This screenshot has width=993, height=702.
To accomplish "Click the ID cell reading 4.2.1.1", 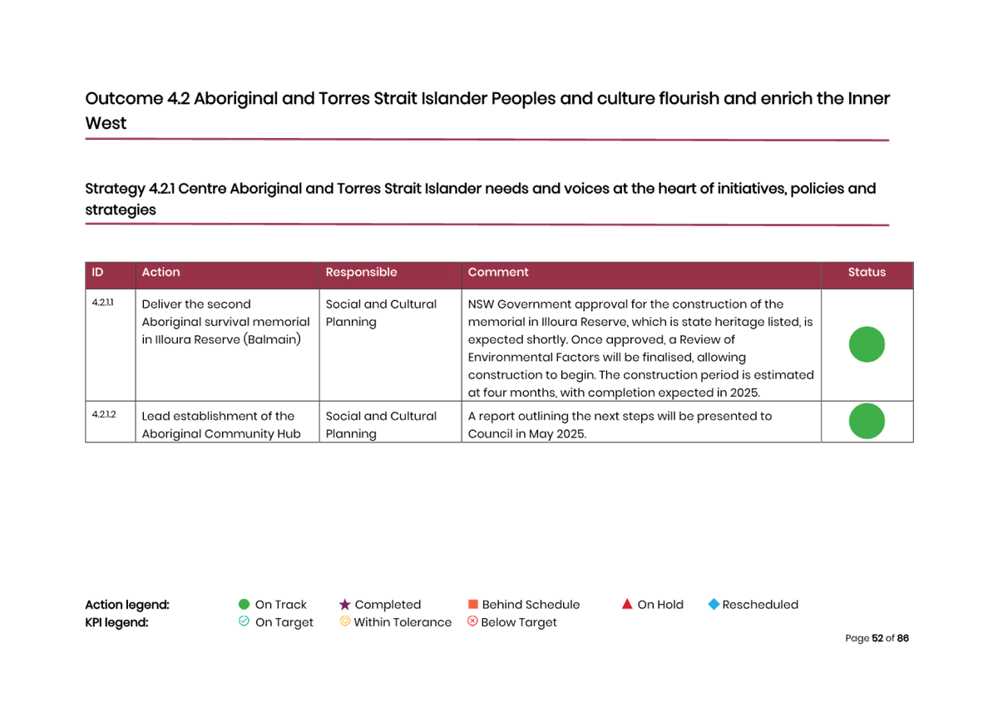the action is click(102, 303).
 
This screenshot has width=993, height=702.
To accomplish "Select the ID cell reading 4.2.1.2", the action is click(104, 414).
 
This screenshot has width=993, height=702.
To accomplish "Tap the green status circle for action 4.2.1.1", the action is click(867, 344).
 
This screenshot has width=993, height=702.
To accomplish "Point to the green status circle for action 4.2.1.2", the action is click(867, 422).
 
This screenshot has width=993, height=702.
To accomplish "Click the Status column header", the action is click(867, 273).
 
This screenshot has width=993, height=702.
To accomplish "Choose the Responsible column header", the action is click(361, 273).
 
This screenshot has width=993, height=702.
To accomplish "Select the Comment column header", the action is click(498, 273).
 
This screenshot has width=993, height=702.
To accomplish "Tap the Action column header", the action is click(161, 273).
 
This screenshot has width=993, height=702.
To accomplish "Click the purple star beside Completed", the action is click(344, 605).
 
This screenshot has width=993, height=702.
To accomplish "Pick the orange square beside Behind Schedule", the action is click(472, 605).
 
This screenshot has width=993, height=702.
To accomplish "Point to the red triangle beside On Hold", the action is click(627, 604).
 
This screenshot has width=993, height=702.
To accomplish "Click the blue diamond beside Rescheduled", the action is click(714, 605).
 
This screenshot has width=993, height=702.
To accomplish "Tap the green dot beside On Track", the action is click(244, 605).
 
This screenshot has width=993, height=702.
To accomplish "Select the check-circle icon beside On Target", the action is click(244, 621).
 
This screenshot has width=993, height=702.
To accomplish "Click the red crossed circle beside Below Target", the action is click(472, 621).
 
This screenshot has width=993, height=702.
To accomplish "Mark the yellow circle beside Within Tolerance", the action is click(344, 621).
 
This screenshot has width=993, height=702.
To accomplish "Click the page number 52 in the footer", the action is click(877, 639).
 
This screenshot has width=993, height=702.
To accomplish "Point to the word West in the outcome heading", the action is click(106, 124).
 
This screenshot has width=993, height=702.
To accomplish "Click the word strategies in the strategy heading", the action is click(121, 210).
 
